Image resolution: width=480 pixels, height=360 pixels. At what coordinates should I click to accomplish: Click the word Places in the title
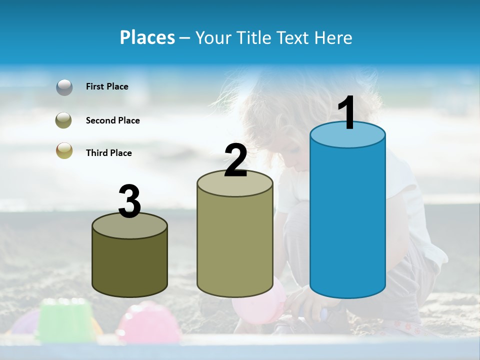pyautogui.click(x=147, y=37)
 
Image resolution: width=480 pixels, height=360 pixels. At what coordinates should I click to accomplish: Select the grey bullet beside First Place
pyautogui.click(x=64, y=87)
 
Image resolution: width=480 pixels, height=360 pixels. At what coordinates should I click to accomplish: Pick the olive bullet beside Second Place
pyautogui.click(x=64, y=120)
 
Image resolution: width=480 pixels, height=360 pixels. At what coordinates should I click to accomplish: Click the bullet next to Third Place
pyautogui.click(x=64, y=151)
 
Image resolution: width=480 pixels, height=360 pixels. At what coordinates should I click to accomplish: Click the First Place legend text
pyautogui.click(x=107, y=86)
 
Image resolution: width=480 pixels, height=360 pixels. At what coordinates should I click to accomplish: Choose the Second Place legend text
pyautogui.click(x=112, y=120)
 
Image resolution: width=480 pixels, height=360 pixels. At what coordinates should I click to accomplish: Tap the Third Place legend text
pyautogui.click(x=108, y=153)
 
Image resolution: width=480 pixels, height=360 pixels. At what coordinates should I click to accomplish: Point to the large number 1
pyautogui.click(x=347, y=113)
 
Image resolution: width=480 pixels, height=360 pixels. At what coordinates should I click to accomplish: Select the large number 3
pyautogui.click(x=129, y=201)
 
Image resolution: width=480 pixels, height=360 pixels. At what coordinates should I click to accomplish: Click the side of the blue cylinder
pyautogui.click(x=347, y=220)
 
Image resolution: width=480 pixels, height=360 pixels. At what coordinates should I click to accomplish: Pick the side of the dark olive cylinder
pyautogui.click(x=130, y=265)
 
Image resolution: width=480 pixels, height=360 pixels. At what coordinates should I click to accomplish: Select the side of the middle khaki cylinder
pyautogui.click(x=235, y=245)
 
